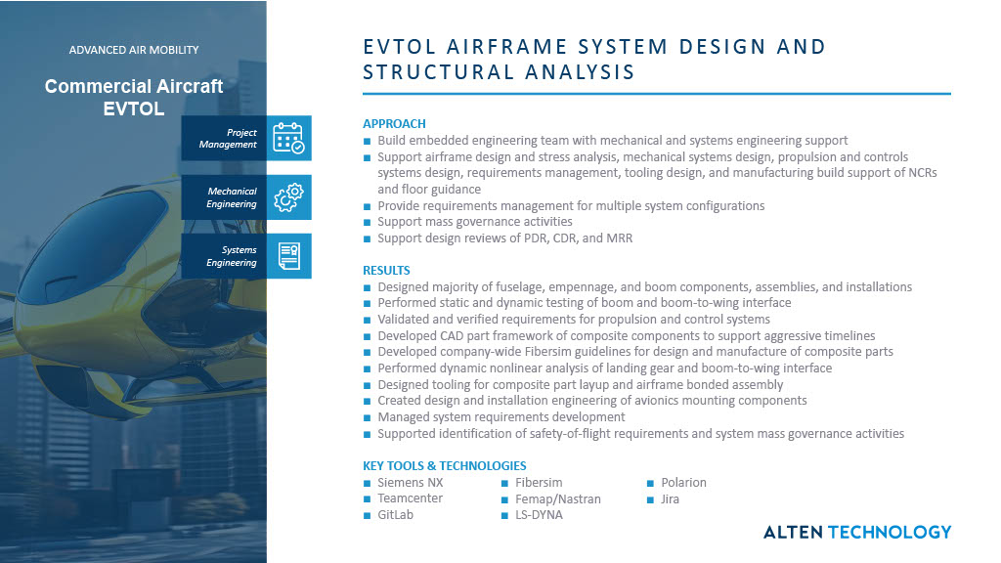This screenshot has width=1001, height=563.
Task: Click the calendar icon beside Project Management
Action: pos(287,139)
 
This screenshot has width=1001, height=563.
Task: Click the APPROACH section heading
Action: pos(394,124)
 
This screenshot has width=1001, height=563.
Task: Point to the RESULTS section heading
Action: pos(386,271)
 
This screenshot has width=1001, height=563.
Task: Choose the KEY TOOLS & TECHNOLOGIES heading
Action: pos(444,466)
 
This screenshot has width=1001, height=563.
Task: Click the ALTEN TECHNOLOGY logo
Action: pos(856,532)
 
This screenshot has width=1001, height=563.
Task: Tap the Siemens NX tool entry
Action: pos(408,483)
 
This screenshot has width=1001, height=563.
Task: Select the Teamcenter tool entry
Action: pos(410,498)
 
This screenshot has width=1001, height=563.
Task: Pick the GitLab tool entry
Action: pos(395,515)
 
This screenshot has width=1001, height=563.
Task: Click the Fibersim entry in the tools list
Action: pos(539,483)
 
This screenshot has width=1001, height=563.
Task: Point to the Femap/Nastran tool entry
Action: pos(557,498)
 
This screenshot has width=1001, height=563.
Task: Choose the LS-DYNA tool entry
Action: pos(539,515)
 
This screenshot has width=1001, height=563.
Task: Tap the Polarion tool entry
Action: pos(683,483)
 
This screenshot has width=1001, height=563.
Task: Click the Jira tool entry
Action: pos(670,498)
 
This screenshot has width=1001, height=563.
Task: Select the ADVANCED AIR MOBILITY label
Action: pos(134,50)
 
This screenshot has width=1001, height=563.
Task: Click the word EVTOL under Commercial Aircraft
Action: pos(134,108)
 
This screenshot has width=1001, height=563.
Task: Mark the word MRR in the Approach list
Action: pos(619,238)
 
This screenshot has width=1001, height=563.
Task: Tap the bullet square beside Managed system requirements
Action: pos(368,417)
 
